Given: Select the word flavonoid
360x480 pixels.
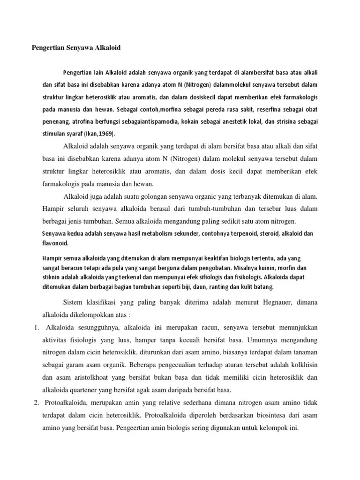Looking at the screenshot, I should [55, 243].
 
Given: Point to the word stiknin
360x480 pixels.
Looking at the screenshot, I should [52, 277].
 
